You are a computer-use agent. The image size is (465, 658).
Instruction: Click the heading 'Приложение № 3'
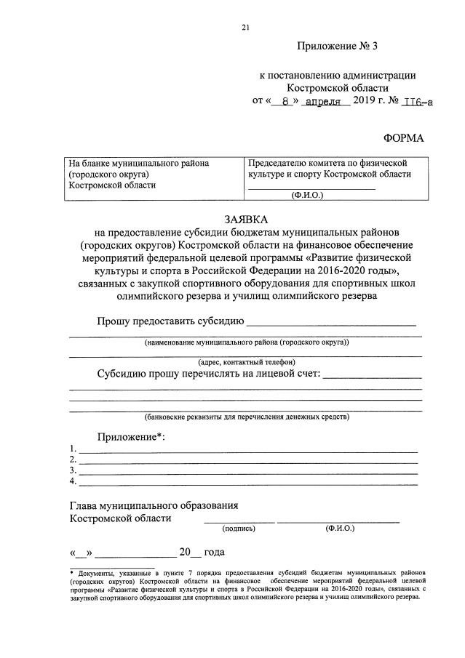tap(338, 47)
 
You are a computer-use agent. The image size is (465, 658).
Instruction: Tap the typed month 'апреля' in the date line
tap(322, 101)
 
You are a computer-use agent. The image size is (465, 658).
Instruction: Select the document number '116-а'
tap(416, 101)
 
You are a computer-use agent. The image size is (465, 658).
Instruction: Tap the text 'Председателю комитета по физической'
tap(327, 163)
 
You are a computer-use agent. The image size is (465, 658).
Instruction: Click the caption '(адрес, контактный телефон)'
tap(246, 361)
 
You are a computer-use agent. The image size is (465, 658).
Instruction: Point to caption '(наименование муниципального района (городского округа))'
tap(246, 342)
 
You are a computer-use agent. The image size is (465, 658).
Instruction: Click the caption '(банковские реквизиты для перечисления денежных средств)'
tap(246, 417)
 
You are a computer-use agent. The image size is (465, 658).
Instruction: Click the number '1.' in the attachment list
tap(73, 449)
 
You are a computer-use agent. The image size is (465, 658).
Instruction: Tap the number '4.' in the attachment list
tap(73, 481)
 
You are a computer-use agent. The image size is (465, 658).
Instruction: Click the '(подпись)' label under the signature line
tap(239, 529)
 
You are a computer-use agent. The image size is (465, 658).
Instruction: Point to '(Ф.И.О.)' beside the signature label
tap(340, 529)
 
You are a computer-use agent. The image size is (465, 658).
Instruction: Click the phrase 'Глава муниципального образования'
tap(154, 505)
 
